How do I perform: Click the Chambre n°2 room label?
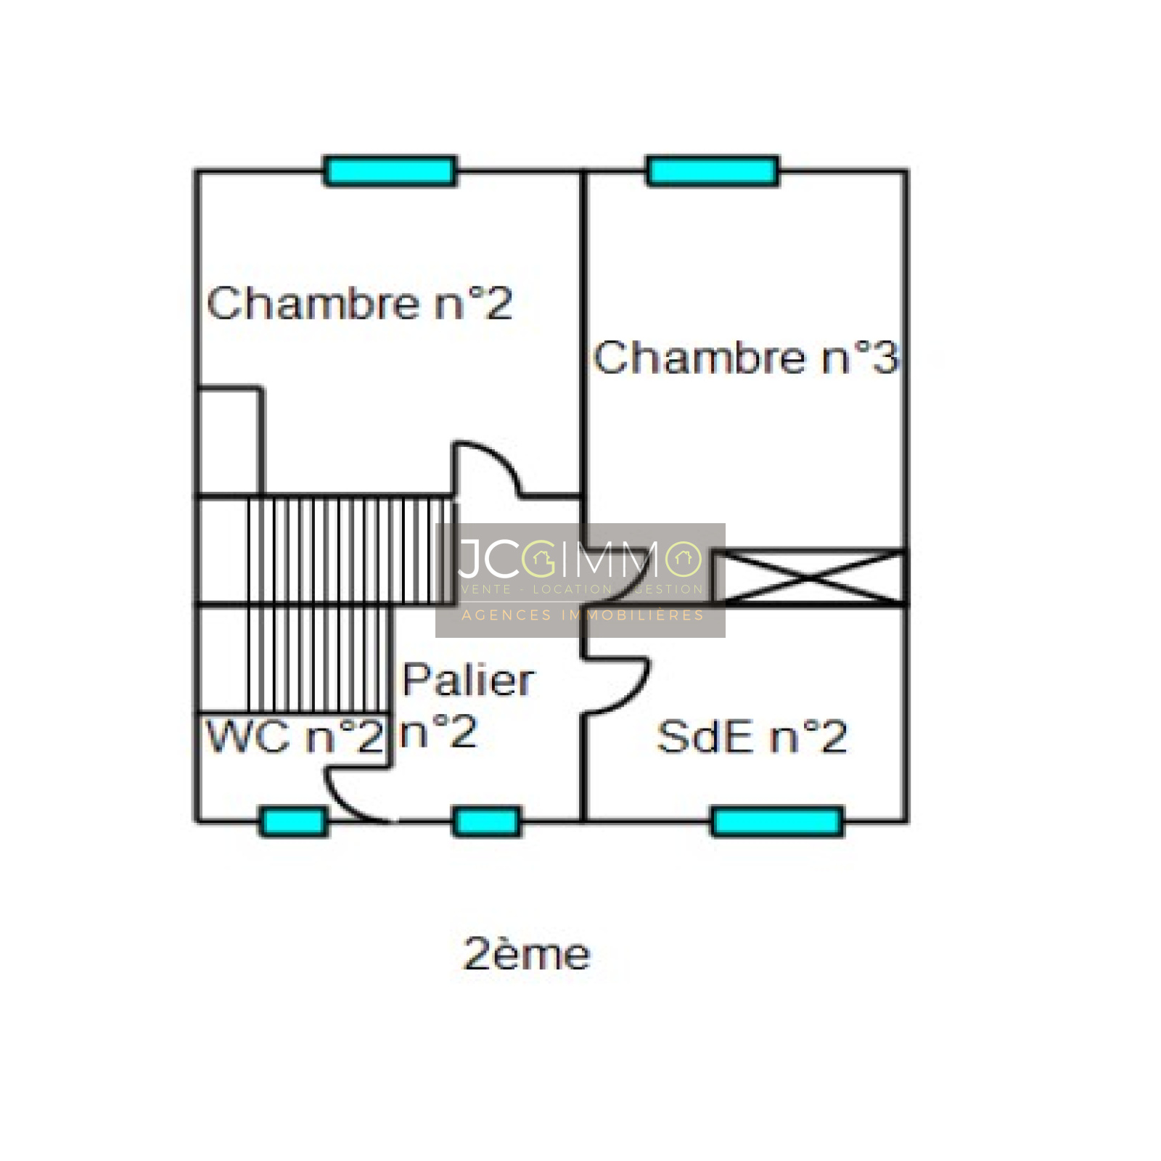[359, 303]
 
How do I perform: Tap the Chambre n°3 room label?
[746, 358]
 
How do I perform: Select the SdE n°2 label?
[751, 737]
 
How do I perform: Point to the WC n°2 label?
[294, 737]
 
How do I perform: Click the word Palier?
[468, 681]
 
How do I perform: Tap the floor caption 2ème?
[526, 954]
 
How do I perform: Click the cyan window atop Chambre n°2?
[390, 171]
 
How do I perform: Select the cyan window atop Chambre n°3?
[713, 171]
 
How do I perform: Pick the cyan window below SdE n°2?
[777, 822]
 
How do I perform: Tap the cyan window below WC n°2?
[293, 822]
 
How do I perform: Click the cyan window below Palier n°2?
[486, 822]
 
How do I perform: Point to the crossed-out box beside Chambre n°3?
[809, 578]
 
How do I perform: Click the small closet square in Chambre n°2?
[229, 441]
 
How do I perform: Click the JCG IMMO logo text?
[580, 559]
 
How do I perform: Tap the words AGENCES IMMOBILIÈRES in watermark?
[583, 615]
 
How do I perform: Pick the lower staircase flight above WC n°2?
[317, 659]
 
